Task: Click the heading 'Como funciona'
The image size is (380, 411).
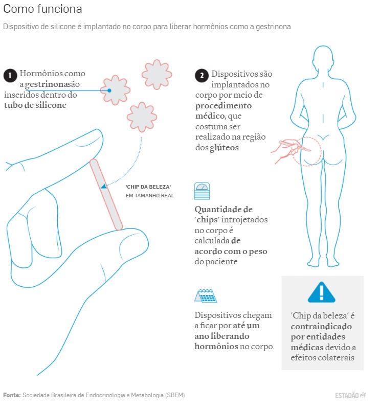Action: point(42,9)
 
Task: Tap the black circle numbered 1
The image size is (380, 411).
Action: point(10,76)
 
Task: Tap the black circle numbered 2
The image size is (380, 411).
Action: point(202,76)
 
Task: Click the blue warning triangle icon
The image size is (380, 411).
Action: point(321,292)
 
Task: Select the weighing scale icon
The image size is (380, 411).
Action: point(202,191)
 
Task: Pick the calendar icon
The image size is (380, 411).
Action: point(206,296)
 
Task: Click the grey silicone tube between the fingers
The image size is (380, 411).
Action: point(106,194)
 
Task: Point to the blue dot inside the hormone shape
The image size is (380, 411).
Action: point(109,90)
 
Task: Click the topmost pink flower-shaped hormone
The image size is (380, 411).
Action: point(157,75)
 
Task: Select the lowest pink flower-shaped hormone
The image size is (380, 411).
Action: point(142,117)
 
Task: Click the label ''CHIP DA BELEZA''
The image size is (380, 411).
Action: point(148,187)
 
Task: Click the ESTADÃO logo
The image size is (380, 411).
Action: point(351,395)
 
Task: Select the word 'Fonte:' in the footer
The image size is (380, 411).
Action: point(12,395)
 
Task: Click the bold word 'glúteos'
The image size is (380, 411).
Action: point(224,148)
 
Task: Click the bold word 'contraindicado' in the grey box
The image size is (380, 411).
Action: point(321,326)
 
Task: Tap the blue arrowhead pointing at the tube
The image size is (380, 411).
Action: point(104,186)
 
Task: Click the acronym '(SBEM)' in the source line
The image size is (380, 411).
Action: point(175,395)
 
